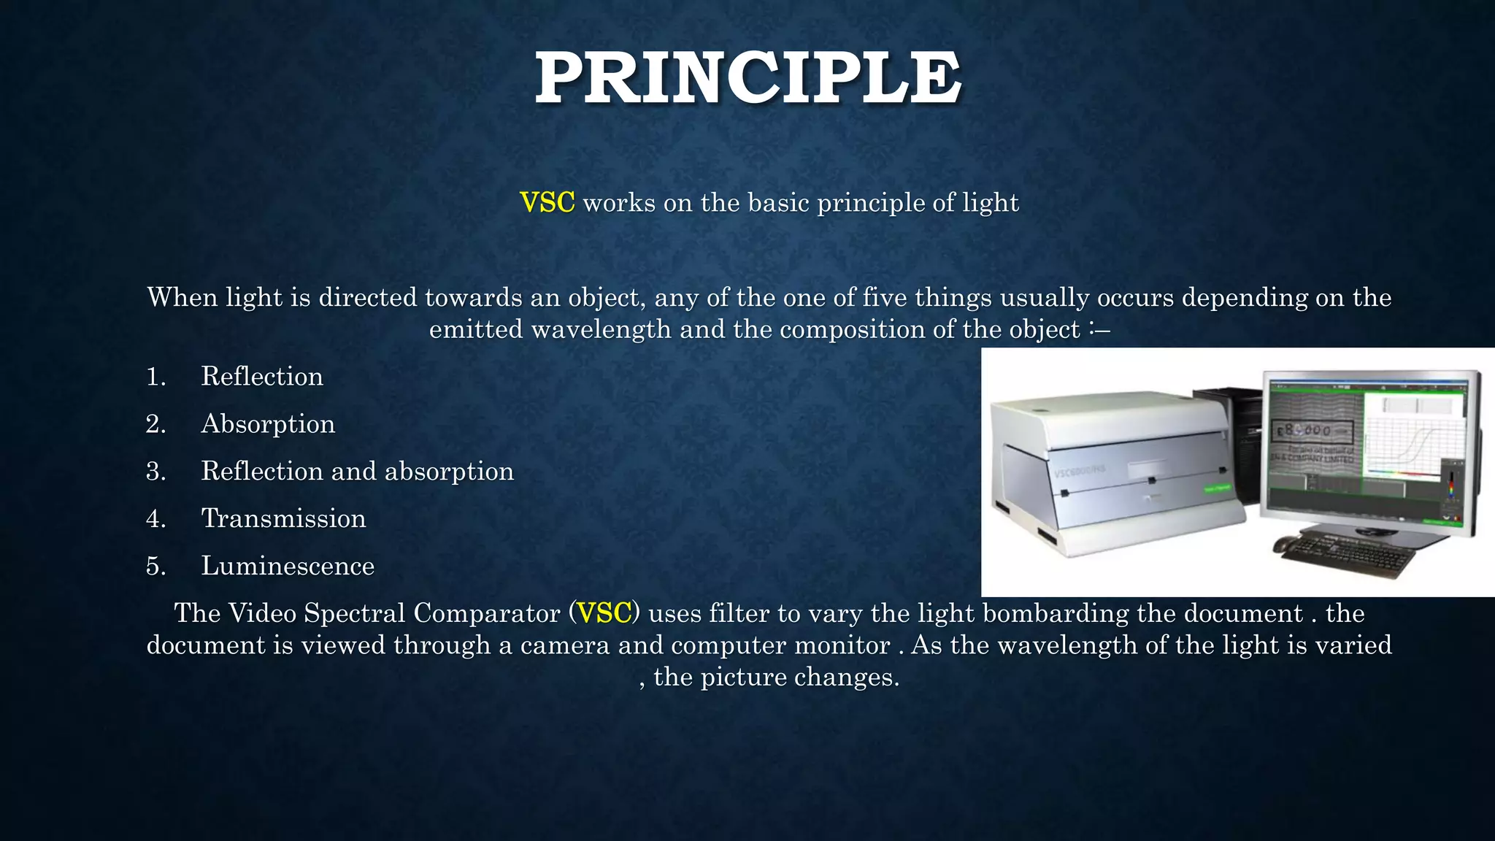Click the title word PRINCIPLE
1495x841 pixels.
[x=747, y=79]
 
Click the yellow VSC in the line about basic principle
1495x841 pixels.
[x=547, y=202]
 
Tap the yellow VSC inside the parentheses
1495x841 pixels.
[x=604, y=612]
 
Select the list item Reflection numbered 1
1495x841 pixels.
[x=262, y=376]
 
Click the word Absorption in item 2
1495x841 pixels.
[x=268, y=423]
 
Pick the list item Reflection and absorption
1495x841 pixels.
[x=357, y=471]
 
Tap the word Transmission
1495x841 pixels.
[x=283, y=518]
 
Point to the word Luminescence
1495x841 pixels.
[x=288, y=566]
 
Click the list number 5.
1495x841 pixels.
[x=155, y=566]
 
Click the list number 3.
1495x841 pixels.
[x=155, y=471]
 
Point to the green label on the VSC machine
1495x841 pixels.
[x=1217, y=488]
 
